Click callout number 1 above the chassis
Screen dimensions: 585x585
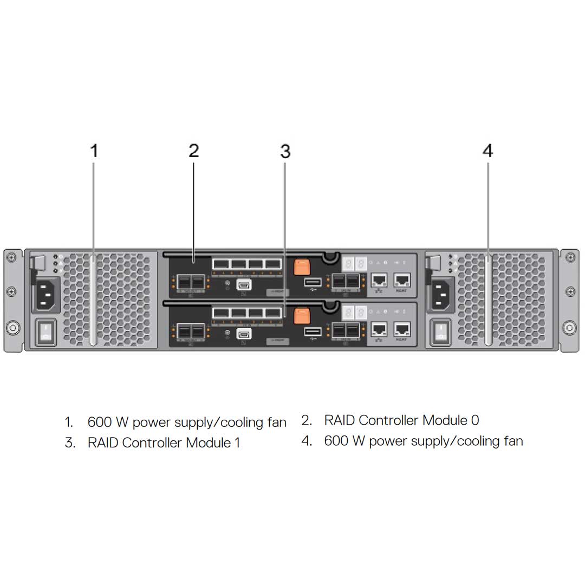click(x=94, y=151)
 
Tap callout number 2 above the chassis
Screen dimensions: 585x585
click(x=194, y=151)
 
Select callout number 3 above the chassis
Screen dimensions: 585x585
click(x=285, y=152)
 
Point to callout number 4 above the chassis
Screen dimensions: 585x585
click(x=487, y=151)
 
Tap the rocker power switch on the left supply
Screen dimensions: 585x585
click(x=45, y=333)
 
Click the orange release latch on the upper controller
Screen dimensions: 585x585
click(x=301, y=267)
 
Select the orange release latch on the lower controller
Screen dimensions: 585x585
click(x=302, y=316)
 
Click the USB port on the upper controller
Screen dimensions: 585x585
click(x=313, y=282)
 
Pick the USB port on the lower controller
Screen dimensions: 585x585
click(x=313, y=331)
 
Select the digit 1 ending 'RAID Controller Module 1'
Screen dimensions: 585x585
click(x=237, y=443)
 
